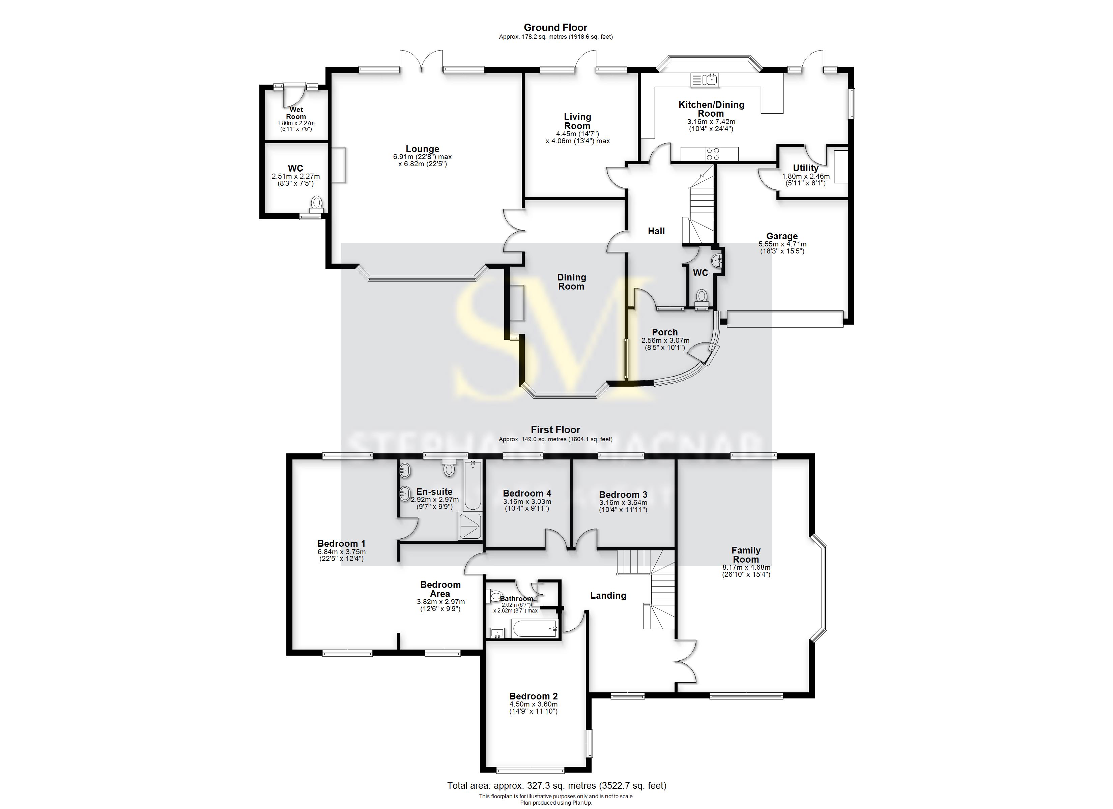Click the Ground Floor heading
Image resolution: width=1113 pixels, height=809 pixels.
tap(555, 28)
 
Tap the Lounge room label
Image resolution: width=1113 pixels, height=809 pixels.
tap(422, 149)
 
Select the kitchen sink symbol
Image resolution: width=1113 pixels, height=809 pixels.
tap(704, 80)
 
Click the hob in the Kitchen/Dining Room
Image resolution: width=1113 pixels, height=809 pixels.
tap(713, 154)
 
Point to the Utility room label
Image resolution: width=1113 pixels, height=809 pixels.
tap(805, 168)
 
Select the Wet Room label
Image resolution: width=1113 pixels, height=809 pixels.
tap(296, 113)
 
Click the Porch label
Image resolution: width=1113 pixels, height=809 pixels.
tap(664, 332)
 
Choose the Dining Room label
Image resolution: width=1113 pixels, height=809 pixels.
tap(571, 281)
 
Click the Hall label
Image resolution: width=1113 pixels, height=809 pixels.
tap(656, 231)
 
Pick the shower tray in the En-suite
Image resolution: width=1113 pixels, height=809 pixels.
tap(469, 526)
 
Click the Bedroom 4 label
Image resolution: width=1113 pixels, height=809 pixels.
tap(527, 493)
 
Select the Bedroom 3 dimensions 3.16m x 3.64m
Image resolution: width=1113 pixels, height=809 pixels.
tap(623, 506)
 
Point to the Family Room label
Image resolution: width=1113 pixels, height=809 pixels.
tap(745, 555)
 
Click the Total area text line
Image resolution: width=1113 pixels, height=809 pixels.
tap(556, 785)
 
